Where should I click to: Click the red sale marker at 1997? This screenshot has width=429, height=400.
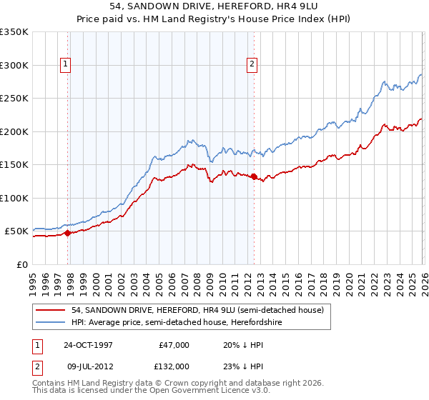click(67, 233)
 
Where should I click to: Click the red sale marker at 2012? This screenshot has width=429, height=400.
click(253, 176)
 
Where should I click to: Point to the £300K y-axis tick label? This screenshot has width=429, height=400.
click(14, 65)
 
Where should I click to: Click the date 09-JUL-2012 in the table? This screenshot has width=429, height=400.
click(87, 366)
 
